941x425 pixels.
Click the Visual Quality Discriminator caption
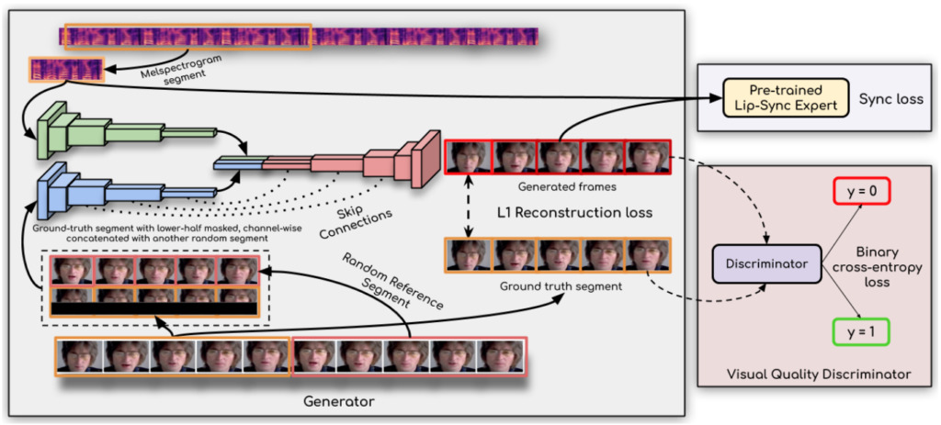[x=819, y=375]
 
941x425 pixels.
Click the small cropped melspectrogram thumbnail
[x=67, y=70]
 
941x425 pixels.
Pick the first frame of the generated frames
[x=468, y=157]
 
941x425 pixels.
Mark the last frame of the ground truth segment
[x=649, y=256]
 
